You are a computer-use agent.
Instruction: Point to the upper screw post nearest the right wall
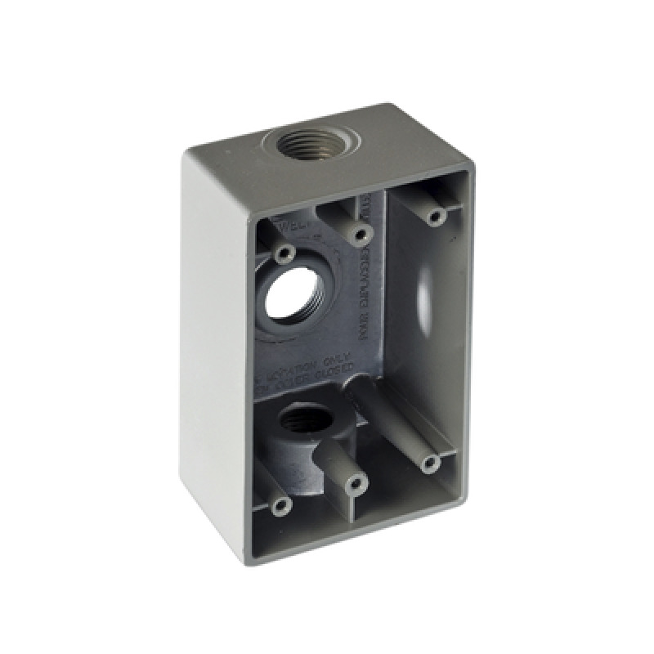[436, 217]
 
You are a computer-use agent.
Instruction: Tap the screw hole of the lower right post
[432, 464]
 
